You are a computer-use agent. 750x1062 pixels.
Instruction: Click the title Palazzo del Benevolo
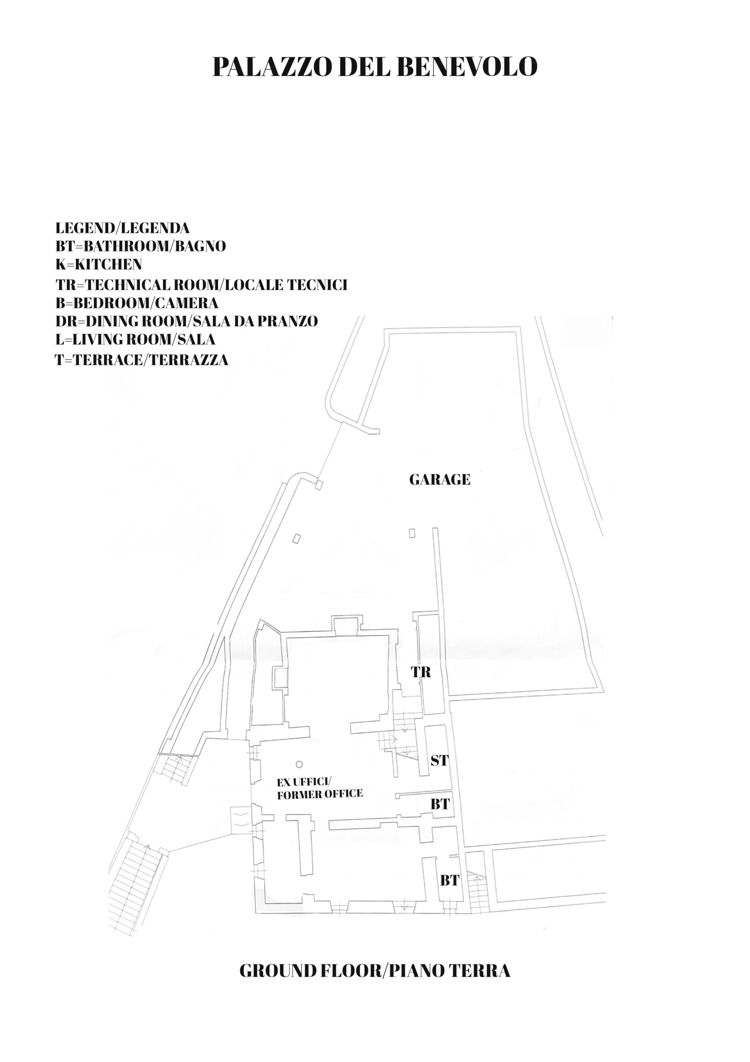(375, 67)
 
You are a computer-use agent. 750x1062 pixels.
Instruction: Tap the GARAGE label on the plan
(440, 480)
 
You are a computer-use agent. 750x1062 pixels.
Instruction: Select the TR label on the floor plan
(421, 672)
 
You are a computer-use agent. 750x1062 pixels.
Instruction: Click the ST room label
(440, 760)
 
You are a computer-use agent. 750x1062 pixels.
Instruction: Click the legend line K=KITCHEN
(99, 265)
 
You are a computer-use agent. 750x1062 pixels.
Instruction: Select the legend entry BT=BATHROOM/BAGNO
(141, 246)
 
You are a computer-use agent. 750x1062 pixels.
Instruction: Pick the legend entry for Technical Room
(201, 285)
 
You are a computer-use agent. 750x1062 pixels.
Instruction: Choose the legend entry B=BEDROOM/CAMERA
(137, 303)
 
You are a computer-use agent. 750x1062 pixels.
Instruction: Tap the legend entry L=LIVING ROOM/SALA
(135, 339)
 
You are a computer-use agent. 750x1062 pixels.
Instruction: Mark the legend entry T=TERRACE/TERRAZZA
(142, 360)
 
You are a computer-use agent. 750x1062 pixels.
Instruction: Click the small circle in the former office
(299, 765)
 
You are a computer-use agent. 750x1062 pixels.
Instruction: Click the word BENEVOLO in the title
(467, 67)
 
